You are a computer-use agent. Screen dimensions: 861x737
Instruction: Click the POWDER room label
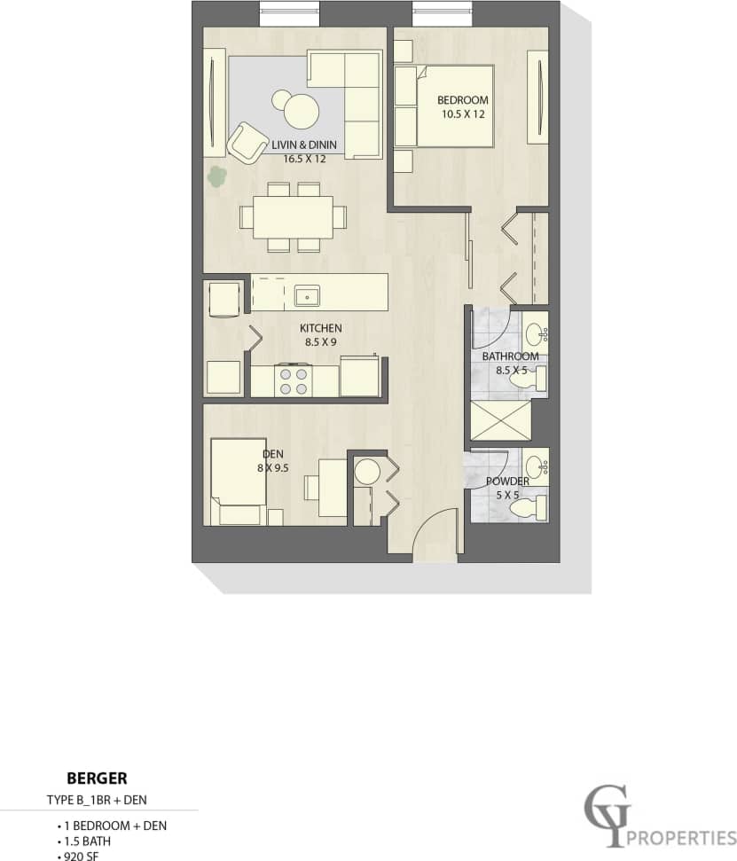506,481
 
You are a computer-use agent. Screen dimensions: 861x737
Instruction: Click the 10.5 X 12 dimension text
465,114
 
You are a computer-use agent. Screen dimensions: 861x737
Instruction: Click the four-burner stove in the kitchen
294,380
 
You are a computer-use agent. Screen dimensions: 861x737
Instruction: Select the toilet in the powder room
532,508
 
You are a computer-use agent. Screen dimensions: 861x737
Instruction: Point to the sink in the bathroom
536,334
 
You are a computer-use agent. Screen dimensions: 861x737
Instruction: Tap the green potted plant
216,176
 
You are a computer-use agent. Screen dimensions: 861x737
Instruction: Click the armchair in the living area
247,142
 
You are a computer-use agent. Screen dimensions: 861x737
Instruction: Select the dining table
292,216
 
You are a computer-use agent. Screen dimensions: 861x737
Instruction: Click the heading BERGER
97,779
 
